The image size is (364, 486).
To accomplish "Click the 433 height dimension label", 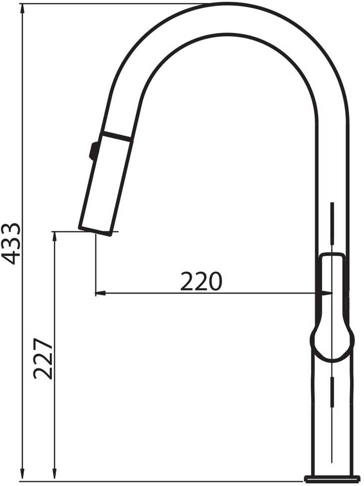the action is coord(11,244).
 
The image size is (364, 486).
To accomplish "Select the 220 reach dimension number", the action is coord(201,281).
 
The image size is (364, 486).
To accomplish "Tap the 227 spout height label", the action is coord(43,359).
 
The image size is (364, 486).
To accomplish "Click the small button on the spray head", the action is coord(93,151).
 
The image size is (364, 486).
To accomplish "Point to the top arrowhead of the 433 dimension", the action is coord(22,9).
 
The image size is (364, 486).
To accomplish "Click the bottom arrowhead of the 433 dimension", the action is coord(22,476).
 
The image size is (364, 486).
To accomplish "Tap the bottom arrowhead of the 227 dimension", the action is coord(54,476).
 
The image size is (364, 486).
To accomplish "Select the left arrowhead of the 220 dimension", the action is coord(101,292).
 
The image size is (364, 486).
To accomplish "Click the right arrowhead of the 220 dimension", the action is coord(326,292).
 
